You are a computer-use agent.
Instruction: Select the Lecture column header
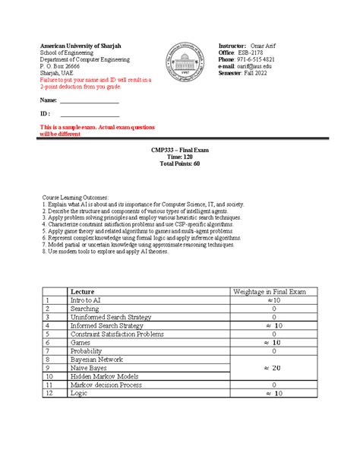tap(83, 291)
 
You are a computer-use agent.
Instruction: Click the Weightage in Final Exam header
tap(269, 291)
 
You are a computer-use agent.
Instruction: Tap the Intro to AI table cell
tap(85, 300)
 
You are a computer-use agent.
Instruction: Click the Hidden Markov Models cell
tap(103, 376)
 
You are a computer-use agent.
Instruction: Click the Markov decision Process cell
tap(106, 385)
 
